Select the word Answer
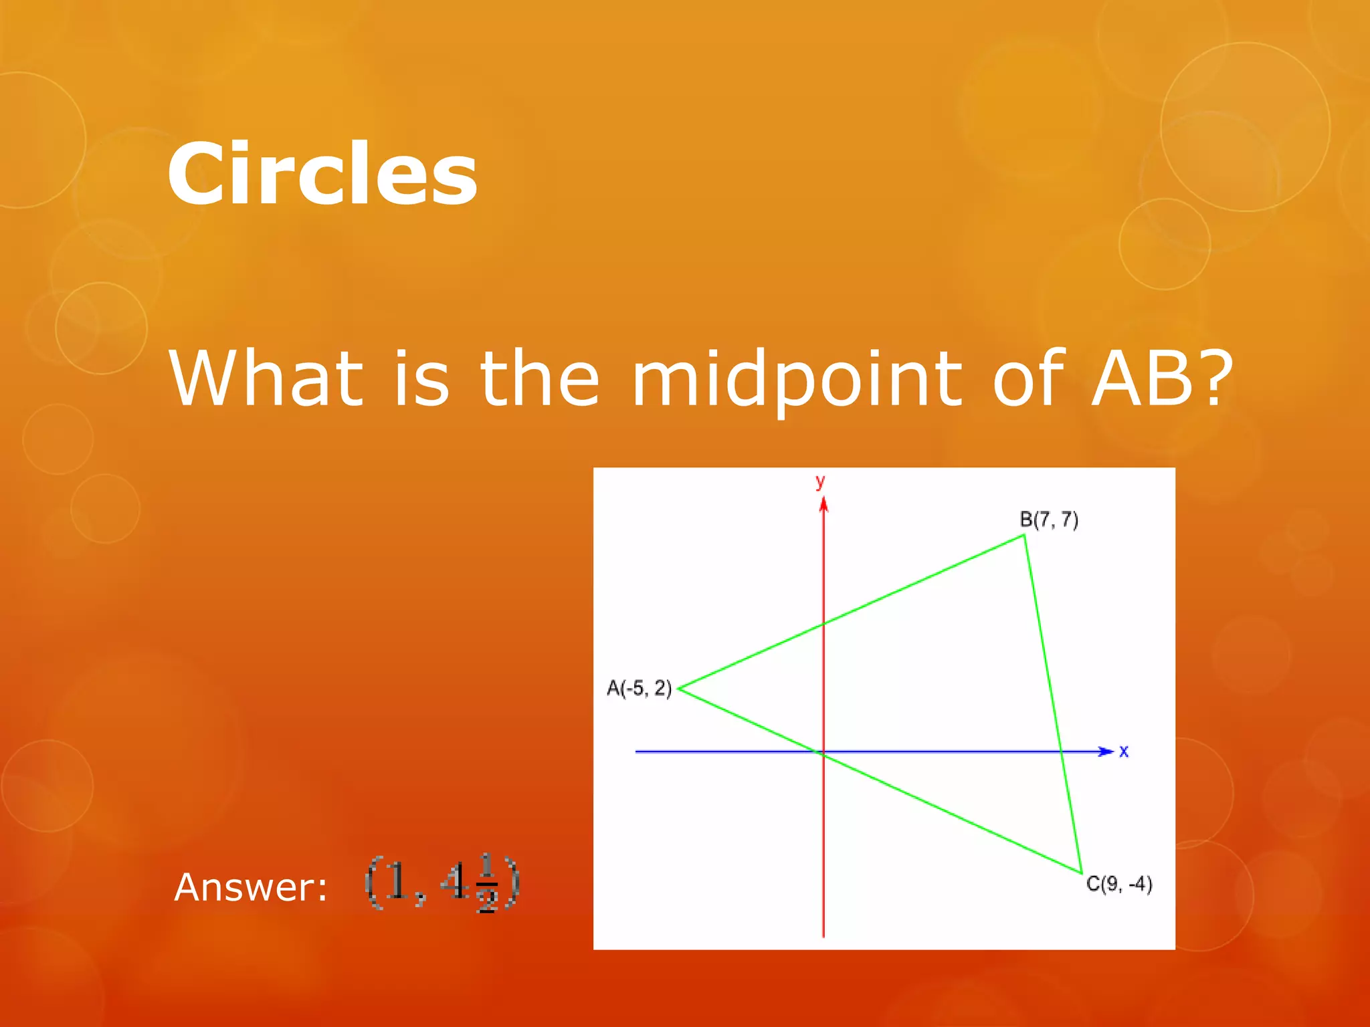pos(251,888)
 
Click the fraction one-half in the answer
pos(487,884)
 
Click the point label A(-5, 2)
pos(639,688)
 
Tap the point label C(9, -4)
pos(1119,884)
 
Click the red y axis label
pos(820,481)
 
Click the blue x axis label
pos(1124,752)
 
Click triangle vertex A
pos(679,688)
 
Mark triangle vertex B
pos(1024,535)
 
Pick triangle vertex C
pos(1081,873)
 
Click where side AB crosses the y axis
pos(823,624)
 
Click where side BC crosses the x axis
pos(1061,752)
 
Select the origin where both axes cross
pos(823,752)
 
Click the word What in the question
pos(266,379)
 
